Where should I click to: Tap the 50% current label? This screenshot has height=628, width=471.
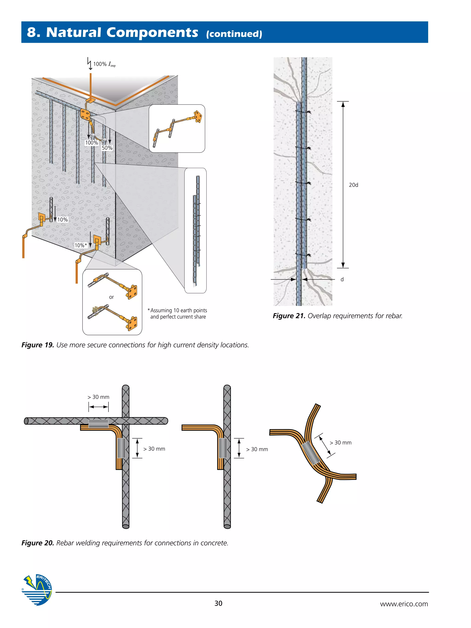pos(107,148)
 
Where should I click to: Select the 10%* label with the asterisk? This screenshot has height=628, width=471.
pos(81,245)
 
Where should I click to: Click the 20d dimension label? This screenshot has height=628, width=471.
pos(353,185)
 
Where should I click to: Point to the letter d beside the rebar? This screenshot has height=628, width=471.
pos(342,280)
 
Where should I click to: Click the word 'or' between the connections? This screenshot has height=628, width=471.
pos(111,297)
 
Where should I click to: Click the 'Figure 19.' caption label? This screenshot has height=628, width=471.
pos(38,345)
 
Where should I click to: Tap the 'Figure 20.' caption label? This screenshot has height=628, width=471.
pos(38,543)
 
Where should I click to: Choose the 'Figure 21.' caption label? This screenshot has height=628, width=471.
pos(289,316)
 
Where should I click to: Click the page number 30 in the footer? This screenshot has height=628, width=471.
pos(218,603)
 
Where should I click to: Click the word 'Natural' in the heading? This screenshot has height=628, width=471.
pos(74,32)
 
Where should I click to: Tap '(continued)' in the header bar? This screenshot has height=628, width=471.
pos(234,34)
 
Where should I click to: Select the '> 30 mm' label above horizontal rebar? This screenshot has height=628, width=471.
pos(98,397)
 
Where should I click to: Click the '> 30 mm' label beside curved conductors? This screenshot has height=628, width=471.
pos(340,443)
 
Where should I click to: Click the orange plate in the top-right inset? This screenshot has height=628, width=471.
pos(198,116)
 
